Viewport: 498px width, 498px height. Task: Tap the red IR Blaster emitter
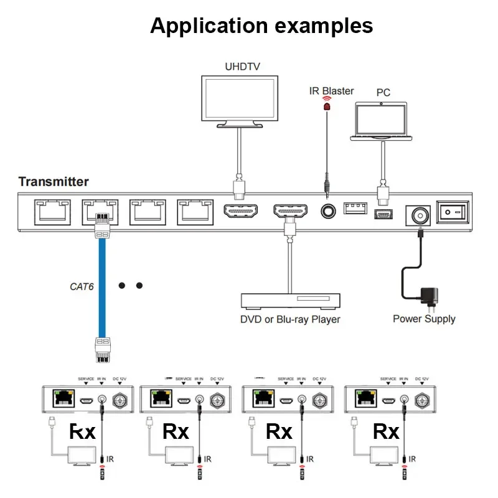(326, 106)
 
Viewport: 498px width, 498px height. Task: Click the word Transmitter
(54, 182)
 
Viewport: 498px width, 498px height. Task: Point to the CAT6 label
(81, 287)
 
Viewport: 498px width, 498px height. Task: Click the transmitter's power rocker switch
(451, 213)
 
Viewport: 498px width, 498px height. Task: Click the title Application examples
(261, 26)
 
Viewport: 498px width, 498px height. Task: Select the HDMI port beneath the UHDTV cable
(240, 212)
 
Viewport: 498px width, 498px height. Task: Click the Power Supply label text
(424, 319)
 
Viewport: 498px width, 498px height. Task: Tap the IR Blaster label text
(331, 91)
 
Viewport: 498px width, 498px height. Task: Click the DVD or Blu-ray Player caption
(290, 319)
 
